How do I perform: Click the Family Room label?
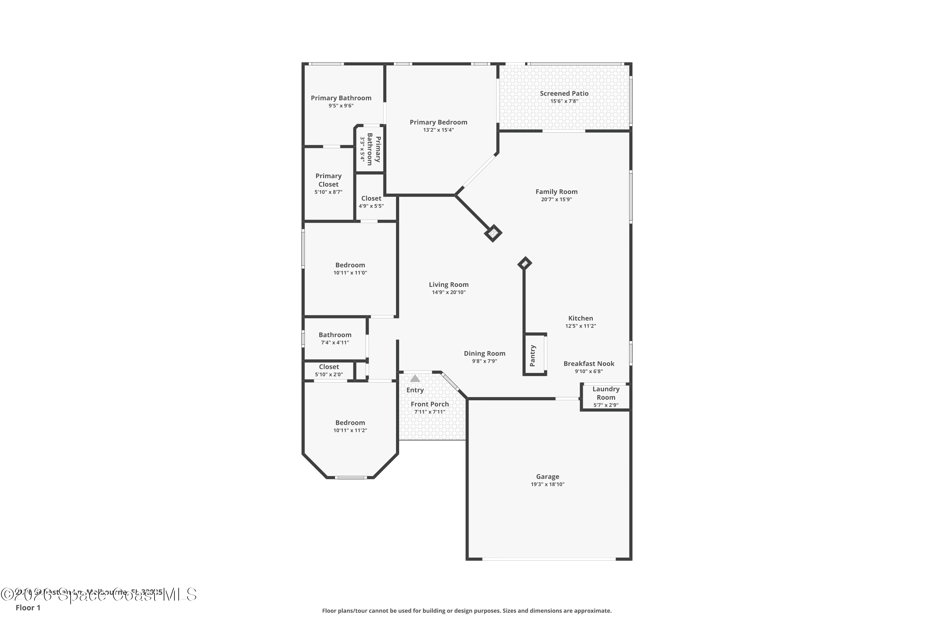pyautogui.click(x=556, y=192)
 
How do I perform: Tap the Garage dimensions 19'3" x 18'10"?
pyautogui.click(x=547, y=484)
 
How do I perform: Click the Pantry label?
pyautogui.click(x=532, y=356)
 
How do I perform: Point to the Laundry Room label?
pyautogui.click(x=606, y=393)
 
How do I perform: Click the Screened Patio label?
pyautogui.click(x=564, y=93)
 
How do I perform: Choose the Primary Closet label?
pyautogui.click(x=328, y=180)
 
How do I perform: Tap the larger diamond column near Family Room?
pyautogui.click(x=493, y=233)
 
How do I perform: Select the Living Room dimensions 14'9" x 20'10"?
pyautogui.click(x=448, y=292)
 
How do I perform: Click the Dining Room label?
pyautogui.click(x=484, y=353)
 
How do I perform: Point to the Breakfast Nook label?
pyautogui.click(x=588, y=364)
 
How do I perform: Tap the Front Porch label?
pyautogui.click(x=430, y=404)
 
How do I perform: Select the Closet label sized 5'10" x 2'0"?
pyautogui.click(x=329, y=367)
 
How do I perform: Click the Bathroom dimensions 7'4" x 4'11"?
pyautogui.click(x=335, y=342)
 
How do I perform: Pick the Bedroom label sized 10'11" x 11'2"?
pyautogui.click(x=350, y=423)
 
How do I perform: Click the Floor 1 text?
pyautogui.click(x=28, y=607)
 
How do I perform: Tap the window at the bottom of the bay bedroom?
pyautogui.click(x=350, y=477)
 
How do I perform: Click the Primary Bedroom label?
pyautogui.click(x=438, y=122)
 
